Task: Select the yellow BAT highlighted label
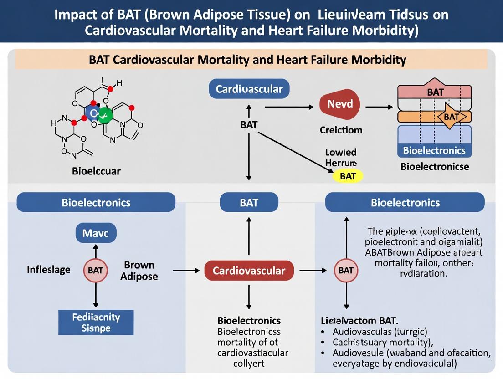[x=348, y=176]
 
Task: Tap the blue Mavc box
[x=95, y=234]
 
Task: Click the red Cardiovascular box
[x=249, y=271]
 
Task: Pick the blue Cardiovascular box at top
[x=249, y=89]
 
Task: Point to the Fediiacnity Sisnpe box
[x=96, y=322]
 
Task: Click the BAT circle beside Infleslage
[x=95, y=271]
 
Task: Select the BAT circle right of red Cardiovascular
[x=346, y=271]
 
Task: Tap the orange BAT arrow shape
[x=451, y=117]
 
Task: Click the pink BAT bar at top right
[x=435, y=92]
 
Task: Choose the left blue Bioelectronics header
[x=96, y=202]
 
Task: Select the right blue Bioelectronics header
[x=405, y=202]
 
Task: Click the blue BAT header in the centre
[x=249, y=202]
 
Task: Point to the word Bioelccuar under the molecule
[x=96, y=172]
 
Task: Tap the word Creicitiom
[x=341, y=130]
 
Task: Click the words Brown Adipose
[x=139, y=271]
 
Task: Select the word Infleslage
[x=49, y=270]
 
